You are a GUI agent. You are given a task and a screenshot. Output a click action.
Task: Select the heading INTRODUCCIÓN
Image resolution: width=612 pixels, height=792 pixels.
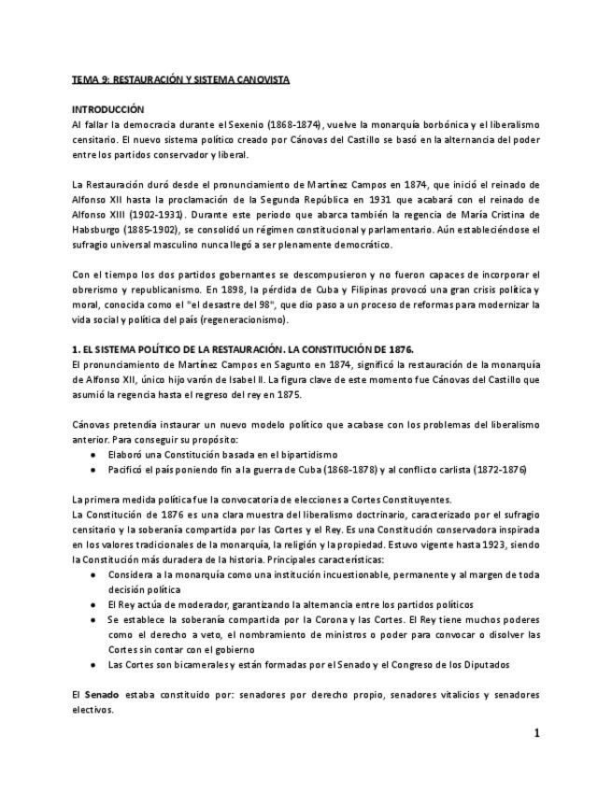tap(107, 109)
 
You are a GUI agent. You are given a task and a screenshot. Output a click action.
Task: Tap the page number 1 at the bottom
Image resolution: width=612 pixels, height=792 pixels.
tap(536, 733)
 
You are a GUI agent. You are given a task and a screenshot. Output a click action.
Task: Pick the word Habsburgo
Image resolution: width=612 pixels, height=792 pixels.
tap(99, 229)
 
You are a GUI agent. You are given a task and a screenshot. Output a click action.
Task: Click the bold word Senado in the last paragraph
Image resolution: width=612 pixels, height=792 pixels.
tap(102, 695)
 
